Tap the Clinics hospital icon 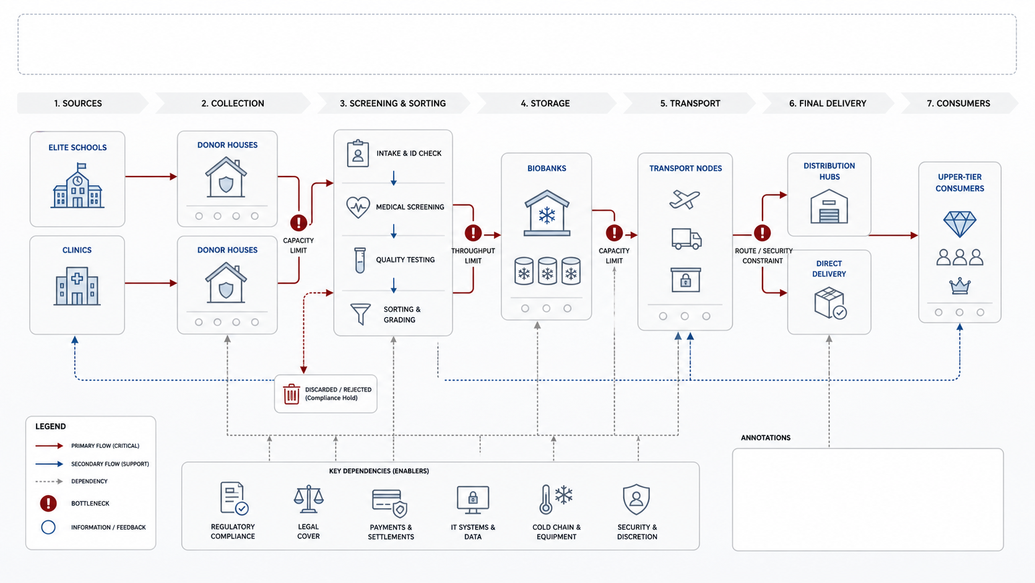pyautogui.click(x=77, y=286)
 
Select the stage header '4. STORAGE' pyautogui.click(x=545, y=103)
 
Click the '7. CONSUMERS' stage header pyautogui.click(x=958, y=103)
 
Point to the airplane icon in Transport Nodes pyautogui.click(x=685, y=199)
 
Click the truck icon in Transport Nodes pyautogui.click(x=686, y=239)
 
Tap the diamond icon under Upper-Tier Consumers pyautogui.click(x=959, y=224)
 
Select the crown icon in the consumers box pyautogui.click(x=959, y=286)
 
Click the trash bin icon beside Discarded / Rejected pyautogui.click(x=292, y=394)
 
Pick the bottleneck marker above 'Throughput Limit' pyautogui.click(x=473, y=233)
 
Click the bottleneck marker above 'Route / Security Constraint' pyautogui.click(x=763, y=233)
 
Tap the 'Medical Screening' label pyautogui.click(x=410, y=207)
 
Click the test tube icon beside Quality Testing pyautogui.click(x=360, y=260)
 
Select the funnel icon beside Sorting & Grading pyautogui.click(x=360, y=314)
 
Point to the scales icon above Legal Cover pyautogui.click(x=309, y=499)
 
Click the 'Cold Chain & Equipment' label pyautogui.click(x=556, y=532)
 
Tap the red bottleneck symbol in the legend pyautogui.click(x=48, y=504)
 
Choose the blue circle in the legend pyautogui.click(x=48, y=527)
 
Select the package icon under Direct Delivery pyautogui.click(x=830, y=303)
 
